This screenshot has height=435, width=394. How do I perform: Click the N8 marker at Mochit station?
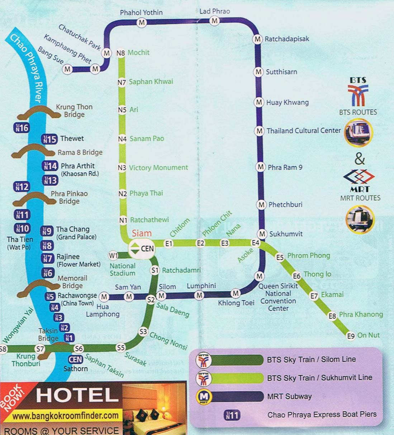[121, 53]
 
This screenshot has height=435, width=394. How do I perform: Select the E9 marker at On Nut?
[351, 336]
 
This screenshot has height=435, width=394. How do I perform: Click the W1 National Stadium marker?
[113, 255]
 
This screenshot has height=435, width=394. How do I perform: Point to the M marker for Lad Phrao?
[214, 21]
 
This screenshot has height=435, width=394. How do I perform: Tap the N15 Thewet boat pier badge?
[50, 139]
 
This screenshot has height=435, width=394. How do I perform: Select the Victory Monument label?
[158, 167]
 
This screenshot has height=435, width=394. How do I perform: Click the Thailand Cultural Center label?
[303, 131]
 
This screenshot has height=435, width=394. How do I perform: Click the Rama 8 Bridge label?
[80, 152]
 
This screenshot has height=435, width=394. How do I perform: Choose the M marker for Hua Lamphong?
[104, 297]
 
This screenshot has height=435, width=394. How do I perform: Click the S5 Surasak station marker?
[121, 347]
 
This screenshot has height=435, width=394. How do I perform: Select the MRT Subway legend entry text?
[289, 396]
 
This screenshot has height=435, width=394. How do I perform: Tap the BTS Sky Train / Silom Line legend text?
[311, 359]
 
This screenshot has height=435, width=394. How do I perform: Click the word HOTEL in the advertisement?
[77, 395]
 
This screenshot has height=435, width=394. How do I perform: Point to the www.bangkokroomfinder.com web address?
[66, 416]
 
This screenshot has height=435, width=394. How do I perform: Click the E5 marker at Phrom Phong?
[280, 257]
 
